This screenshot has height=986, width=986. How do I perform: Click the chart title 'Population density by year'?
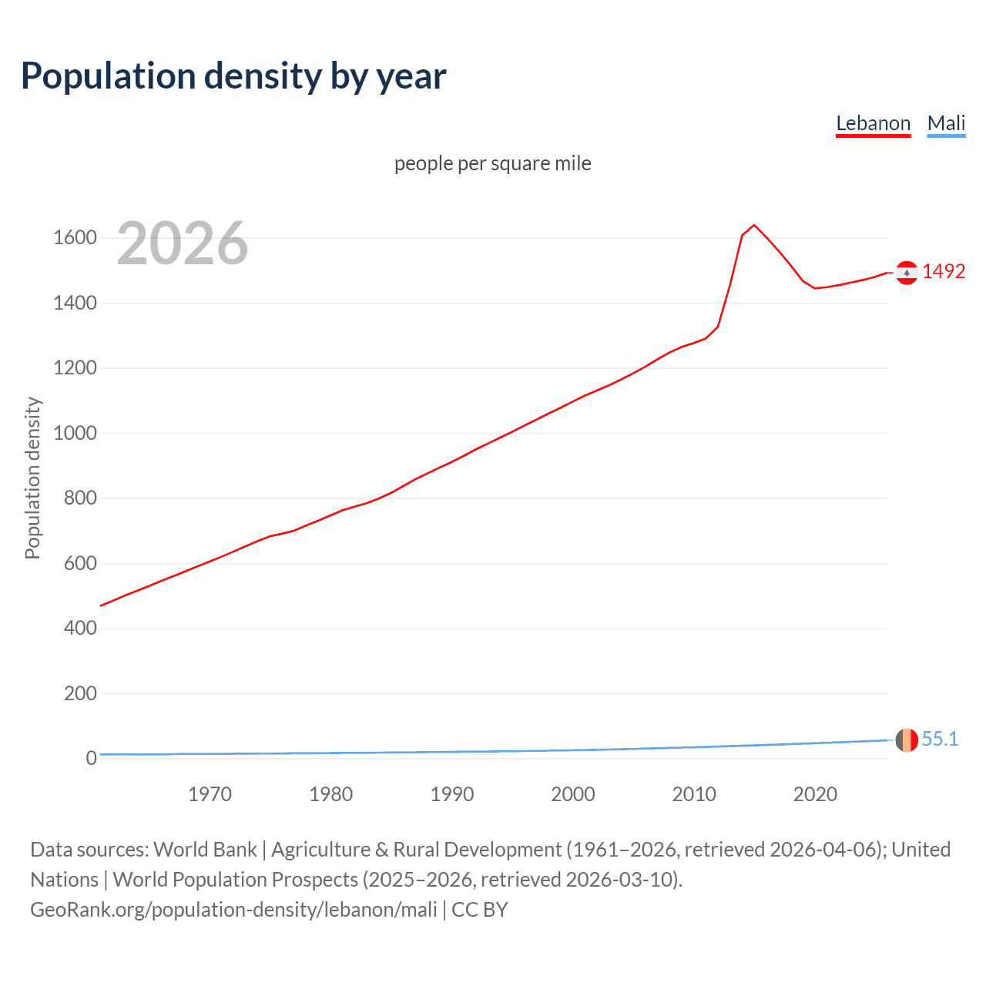click(x=233, y=76)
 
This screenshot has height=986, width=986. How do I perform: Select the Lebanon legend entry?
click(x=873, y=123)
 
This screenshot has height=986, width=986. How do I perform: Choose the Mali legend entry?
click(x=946, y=123)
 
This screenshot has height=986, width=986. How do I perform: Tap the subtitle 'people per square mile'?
click(x=492, y=163)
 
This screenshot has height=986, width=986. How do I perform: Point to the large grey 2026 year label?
click(x=183, y=243)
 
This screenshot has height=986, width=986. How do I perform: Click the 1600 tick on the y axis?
click(x=75, y=237)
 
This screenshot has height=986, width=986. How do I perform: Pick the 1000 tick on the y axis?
click(x=75, y=433)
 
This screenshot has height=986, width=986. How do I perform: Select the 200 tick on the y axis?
click(x=80, y=693)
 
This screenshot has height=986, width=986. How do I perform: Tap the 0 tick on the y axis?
click(x=91, y=758)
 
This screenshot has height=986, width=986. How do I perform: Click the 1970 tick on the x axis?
click(x=210, y=794)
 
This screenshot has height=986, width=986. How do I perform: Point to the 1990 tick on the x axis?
click(x=452, y=794)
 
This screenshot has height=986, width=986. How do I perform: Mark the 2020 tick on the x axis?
click(x=815, y=794)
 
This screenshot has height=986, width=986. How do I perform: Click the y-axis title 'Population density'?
click(x=32, y=478)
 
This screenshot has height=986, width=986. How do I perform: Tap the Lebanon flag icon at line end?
click(x=907, y=273)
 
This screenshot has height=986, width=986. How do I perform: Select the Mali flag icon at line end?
click(x=907, y=739)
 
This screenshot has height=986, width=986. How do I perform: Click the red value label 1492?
click(x=944, y=271)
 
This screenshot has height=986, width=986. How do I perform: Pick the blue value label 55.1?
click(x=940, y=739)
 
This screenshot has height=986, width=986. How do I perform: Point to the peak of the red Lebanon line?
click(x=754, y=225)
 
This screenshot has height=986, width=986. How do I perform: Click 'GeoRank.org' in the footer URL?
click(x=89, y=910)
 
